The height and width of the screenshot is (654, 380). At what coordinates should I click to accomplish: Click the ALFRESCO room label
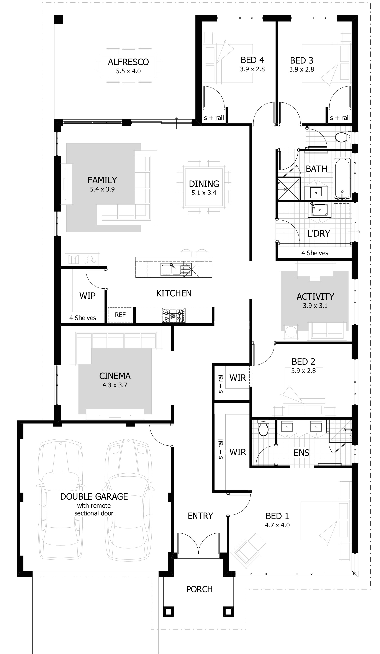pyautogui.click(x=128, y=62)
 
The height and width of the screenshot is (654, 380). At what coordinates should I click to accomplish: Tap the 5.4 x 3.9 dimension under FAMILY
pyautogui.click(x=102, y=189)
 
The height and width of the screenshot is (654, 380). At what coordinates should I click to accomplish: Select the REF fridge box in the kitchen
pyautogui.click(x=120, y=315)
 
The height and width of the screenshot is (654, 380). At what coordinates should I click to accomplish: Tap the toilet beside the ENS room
pyautogui.click(x=264, y=429)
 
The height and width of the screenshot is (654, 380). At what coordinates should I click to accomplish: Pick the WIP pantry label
pyautogui.click(x=87, y=296)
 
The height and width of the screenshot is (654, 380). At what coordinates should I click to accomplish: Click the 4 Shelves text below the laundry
pyautogui.click(x=314, y=253)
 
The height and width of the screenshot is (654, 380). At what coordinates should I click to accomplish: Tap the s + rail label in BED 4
pyautogui.click(x=214, y=118)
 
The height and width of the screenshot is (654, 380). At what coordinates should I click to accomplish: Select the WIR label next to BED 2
pyautogui.click(x=237, y=378)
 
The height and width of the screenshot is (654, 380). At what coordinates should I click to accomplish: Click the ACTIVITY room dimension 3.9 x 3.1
pyautogui.click(x=315, y=306)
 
